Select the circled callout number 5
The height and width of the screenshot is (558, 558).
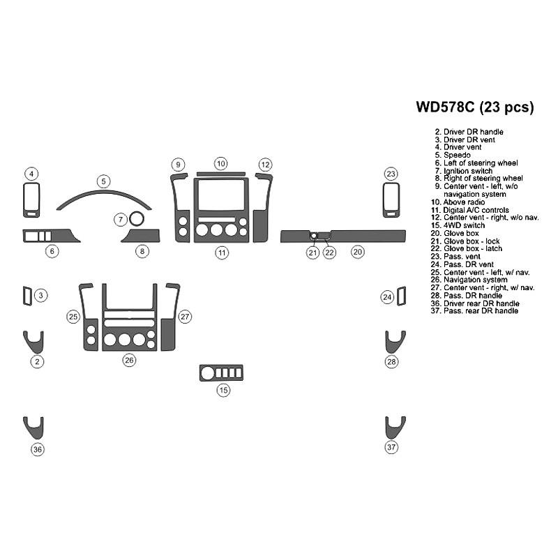click(103, 181)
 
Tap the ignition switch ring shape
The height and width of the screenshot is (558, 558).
click(136, 219)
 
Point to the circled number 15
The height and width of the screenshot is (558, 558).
click(223, 390)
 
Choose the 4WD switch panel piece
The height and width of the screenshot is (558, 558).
click(221, 373)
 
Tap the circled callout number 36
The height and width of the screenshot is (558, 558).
click(38, 449)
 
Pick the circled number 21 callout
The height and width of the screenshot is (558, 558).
click(312, 252)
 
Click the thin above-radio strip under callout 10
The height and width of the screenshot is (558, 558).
click(220, 174)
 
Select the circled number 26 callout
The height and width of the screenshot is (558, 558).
click(129, 360)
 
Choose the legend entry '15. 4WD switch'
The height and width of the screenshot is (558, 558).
click(458, 225)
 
